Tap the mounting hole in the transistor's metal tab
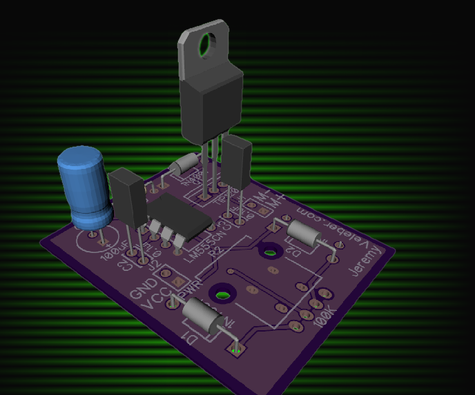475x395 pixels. pos(211,45)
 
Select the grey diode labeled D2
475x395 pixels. pos(303,234)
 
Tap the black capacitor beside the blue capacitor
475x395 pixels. pos(127,196)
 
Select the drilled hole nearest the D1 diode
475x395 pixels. pos(222,294)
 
